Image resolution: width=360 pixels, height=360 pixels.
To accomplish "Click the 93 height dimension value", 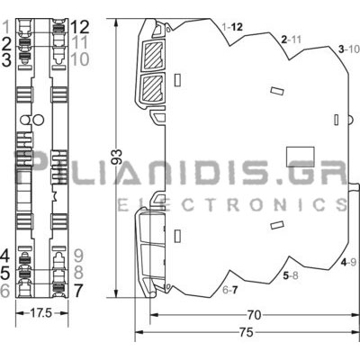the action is (x=118, y=157).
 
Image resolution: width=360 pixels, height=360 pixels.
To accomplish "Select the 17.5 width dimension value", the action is (x=41, y=313).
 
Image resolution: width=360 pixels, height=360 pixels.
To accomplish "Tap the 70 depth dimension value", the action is (x=254, y=315).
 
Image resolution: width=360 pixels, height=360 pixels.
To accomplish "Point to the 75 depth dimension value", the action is (x=247, y=332).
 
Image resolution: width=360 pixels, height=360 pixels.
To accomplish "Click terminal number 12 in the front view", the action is (x=80, y=27).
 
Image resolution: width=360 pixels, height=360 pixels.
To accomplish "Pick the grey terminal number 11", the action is (x=80, y=42).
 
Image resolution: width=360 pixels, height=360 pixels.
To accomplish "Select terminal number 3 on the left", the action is (x=6, y=59).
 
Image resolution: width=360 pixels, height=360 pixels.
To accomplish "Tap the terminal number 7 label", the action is (x=78, y=291).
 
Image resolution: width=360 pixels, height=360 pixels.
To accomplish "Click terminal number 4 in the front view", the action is (x=5, y=256).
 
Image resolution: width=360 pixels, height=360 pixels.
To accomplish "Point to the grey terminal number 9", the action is (x=78, y=256).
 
